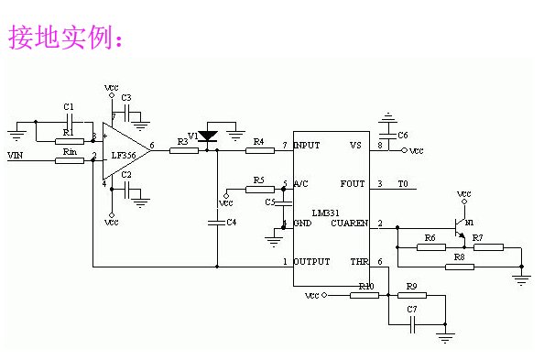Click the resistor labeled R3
point(183,150)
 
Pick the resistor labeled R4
point(259,150)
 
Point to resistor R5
point(259,189)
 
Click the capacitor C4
point(217,222)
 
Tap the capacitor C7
point(413,320)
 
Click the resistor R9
point(412,296)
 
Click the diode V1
point(208,136)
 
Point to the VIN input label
point(16,157)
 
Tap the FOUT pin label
point(352,184)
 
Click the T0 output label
point(402,184)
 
